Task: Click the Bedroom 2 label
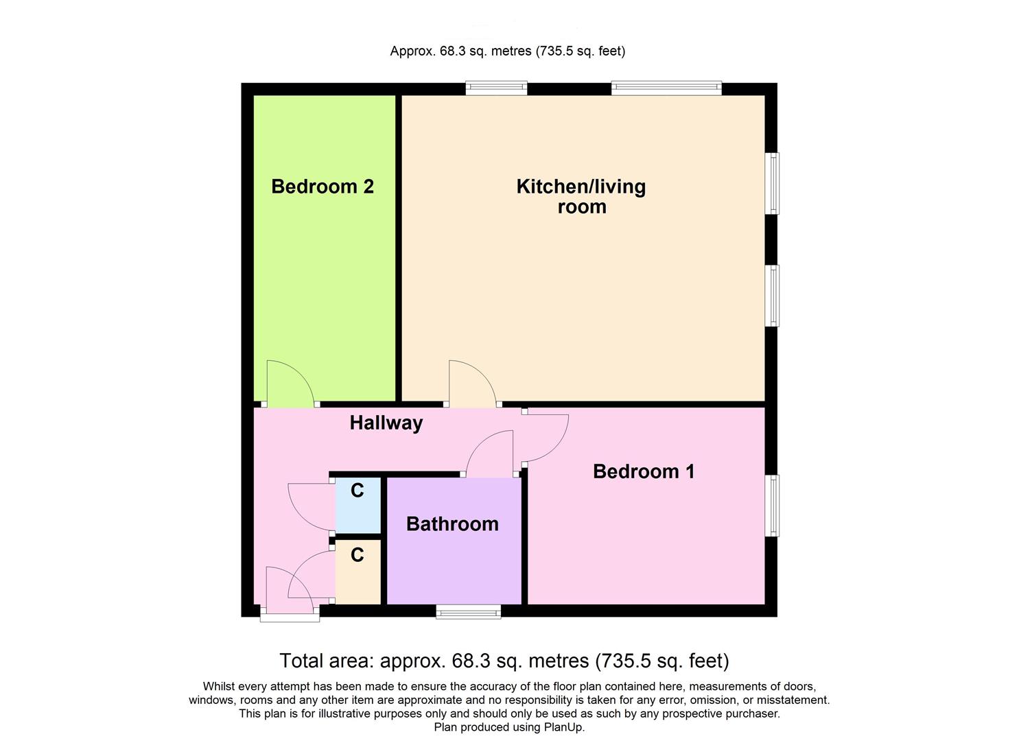coord(323,187)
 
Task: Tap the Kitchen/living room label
coord(581,196)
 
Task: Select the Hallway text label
coord(386,423)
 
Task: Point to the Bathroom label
coord(452,524)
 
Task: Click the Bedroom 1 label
coord(644,471)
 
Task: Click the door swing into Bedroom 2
coord(288,383)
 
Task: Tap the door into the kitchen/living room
coord(471,383)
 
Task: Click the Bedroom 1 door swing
coord(546,438)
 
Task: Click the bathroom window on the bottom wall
coord(469,612)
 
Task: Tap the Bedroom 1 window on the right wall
coord(773,506)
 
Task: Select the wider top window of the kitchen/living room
coord(666,88)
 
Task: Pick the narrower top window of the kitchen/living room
coord(496,88)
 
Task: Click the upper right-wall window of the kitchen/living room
coord(773,183)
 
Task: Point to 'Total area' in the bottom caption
coord(325,661)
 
